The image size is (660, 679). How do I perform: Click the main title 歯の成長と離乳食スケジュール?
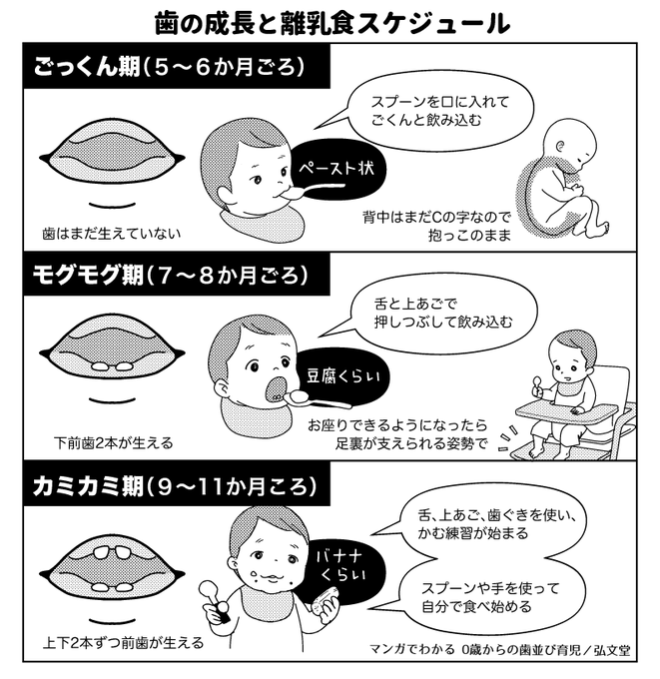[330, 22]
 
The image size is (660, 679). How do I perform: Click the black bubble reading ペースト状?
[333, 169]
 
